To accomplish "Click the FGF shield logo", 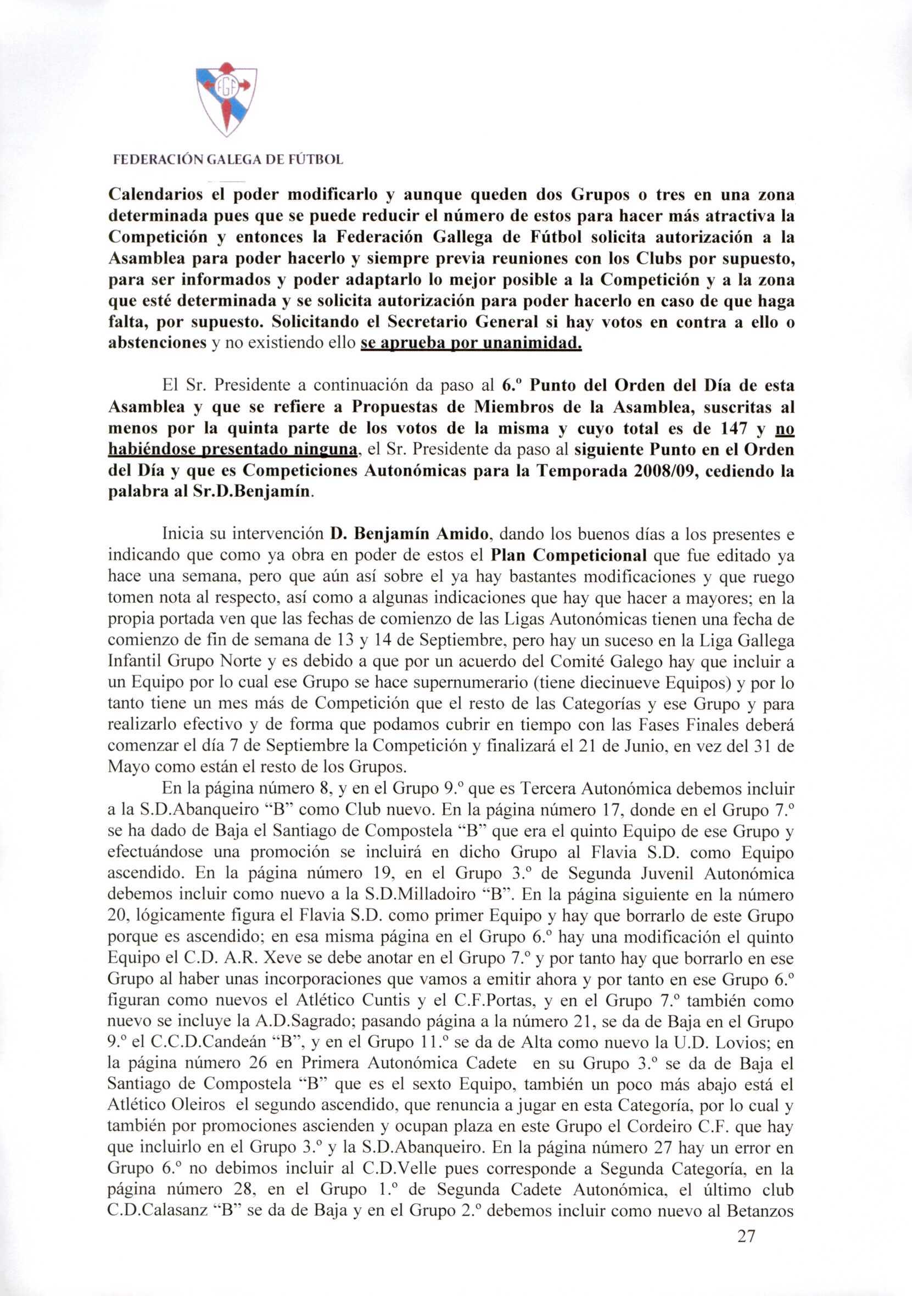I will pyautogui.click(x=226, y=99).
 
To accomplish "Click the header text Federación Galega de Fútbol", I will pyautogui.click(x=228, y=160).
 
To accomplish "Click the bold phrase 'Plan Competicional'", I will pyautogui.click(x=568, y=555).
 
